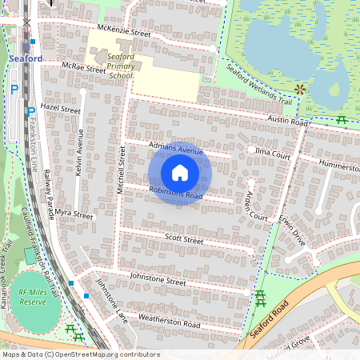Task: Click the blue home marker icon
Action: pos(180,173)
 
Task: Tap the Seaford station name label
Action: pos(26,58)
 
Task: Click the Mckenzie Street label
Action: pos(123,33)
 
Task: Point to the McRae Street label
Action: pos(84,69)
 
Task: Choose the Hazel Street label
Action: pos(61,108)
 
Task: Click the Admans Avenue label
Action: pos(177,149)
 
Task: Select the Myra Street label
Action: pos(74,216)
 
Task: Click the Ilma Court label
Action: pos(272,151)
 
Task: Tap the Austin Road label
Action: pos(288,121)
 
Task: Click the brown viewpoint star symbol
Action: pos(300,89)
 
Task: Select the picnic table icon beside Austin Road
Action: pos(342,120)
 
